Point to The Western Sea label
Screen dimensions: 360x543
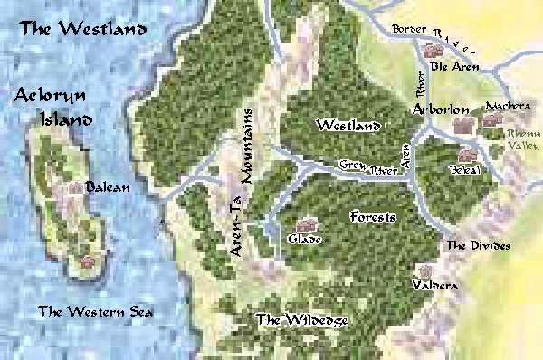(96, 312)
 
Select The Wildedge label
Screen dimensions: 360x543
(301, 319)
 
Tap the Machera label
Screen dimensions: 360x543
(508, 107)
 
